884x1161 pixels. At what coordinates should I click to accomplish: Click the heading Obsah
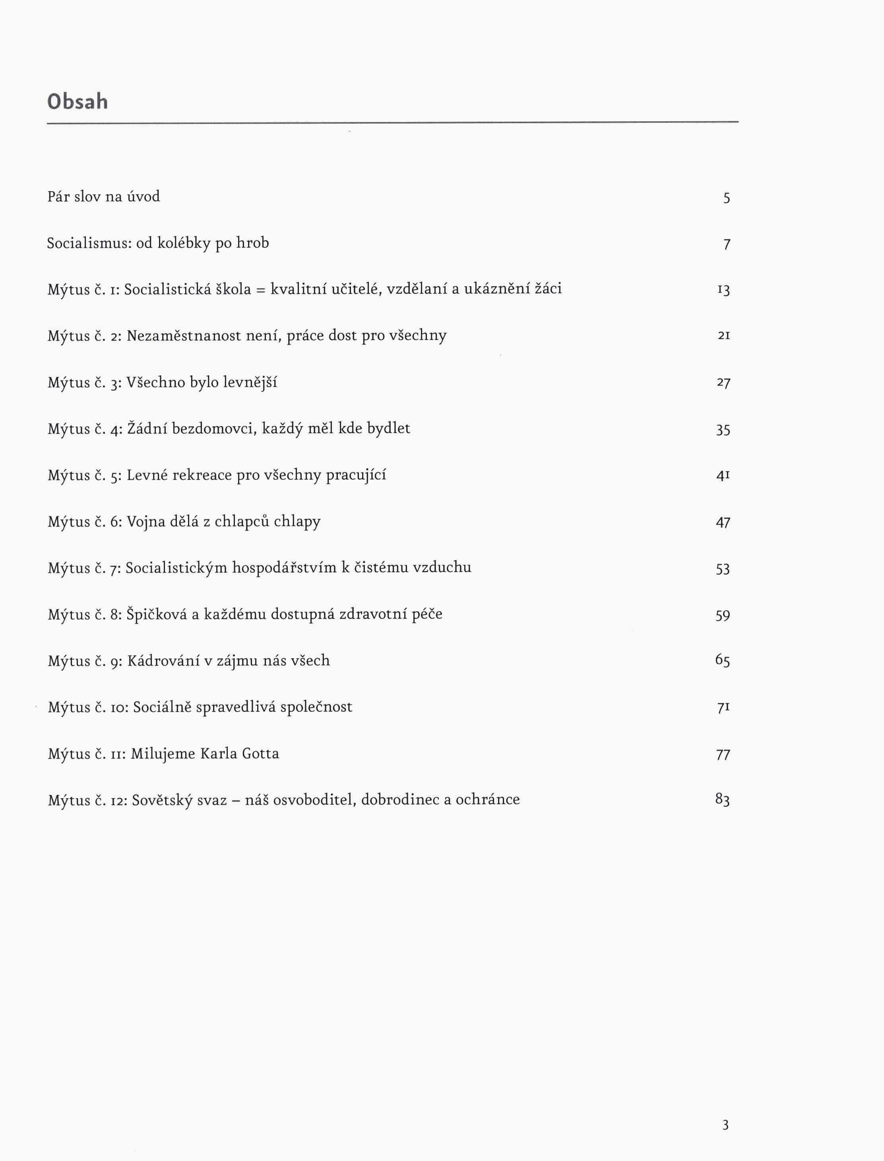(78, 101)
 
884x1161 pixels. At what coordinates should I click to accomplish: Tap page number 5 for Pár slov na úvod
(726, 198)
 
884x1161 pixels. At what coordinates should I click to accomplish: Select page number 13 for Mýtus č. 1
(723, 290)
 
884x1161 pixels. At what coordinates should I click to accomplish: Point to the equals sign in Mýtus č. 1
(260, 290)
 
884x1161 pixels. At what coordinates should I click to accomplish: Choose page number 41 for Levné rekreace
(723, 475)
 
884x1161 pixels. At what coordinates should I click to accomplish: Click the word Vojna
(146, 522)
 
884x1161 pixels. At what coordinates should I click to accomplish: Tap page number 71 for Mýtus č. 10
(723, 707)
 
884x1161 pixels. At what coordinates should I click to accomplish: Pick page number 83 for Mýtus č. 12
(723, 800)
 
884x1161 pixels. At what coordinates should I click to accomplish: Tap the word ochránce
(487, 800)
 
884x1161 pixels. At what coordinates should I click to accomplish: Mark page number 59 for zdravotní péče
(723, 615)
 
